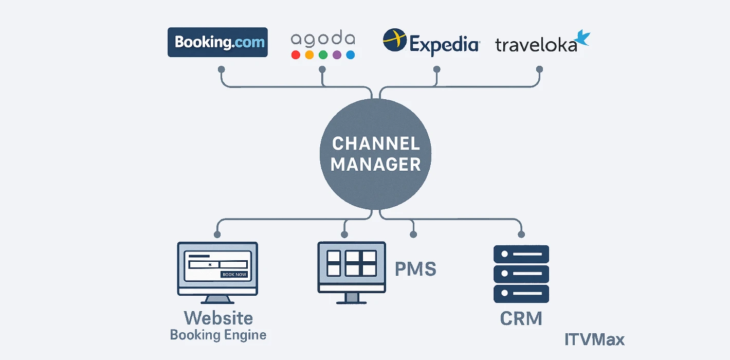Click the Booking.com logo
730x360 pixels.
tap(217, 42)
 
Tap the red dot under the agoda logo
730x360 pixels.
tap(296, 55)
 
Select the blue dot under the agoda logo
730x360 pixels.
tap(351, 55)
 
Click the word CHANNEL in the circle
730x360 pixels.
tap(376, 143)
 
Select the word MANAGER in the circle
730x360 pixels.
tap(376, 165)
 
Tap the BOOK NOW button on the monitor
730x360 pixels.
tap(234, 275)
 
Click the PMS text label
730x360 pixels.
tap(415, 269)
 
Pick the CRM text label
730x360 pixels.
tap(521, 319)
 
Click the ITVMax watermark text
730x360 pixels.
tap(594, 340)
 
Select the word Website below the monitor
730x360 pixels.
tap(218, 317)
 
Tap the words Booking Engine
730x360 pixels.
tap(218, 335)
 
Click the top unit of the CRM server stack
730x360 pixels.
tap(521, 254)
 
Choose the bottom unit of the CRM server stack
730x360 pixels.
tap(521, 294)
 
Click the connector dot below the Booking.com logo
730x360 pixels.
tap(221, 69)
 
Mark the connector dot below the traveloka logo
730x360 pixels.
tap(539, 69)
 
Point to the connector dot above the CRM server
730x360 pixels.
tap(520, 235)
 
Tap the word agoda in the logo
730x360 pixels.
tap(323, 39)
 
